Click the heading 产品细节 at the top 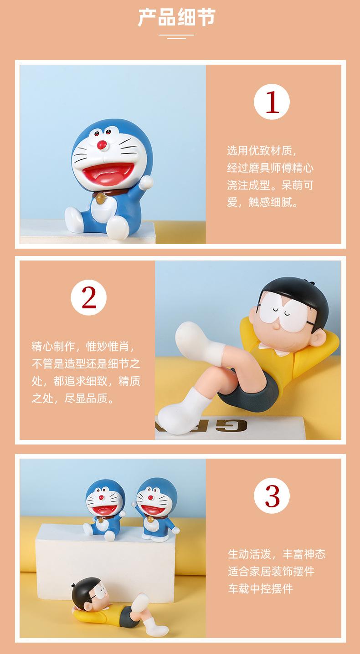(177, 18)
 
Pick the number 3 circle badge (272, 496)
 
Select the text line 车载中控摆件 (260, 589)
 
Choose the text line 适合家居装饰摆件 (271, 572)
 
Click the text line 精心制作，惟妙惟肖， (83, 347)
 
